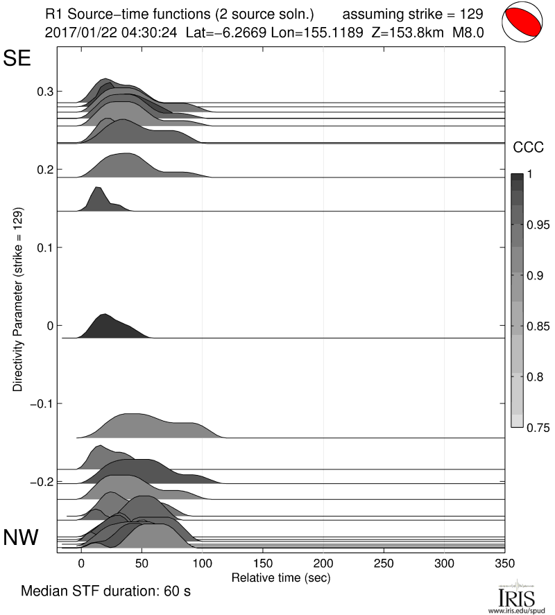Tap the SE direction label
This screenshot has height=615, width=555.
(17, 58)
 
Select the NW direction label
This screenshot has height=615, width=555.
(21, 538)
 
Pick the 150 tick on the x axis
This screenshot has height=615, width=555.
(262, 563)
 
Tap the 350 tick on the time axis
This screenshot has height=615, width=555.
(504, 563)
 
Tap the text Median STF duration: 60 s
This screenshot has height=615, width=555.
(105, 593)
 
